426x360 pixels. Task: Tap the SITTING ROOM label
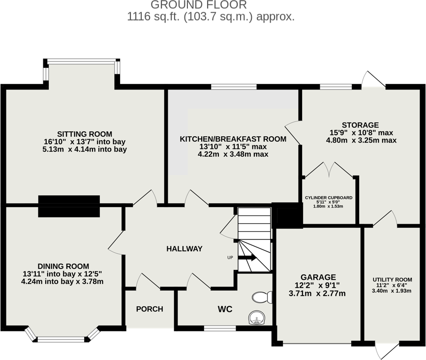click(x=85, y=134)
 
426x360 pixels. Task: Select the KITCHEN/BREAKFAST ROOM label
click(x=233, y=139)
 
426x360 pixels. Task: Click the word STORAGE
click(x=361, y=125)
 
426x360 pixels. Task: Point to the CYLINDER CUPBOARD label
click(x=329, y=198)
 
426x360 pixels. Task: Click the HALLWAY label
click(x=184, y=249)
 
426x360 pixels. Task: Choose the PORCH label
click(x=149, y=309)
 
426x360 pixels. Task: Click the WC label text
click(x=225, y=309)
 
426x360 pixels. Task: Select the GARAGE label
click(x=319, y=277)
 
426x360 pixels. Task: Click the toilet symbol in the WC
click(x=262, y=297)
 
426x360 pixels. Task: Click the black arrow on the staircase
click(x=247, y=257)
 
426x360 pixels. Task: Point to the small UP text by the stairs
click(x=230, y=258)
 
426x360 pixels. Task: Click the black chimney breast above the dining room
click(x=69, y=206)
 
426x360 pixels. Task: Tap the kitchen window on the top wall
click(x=234, y=87)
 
